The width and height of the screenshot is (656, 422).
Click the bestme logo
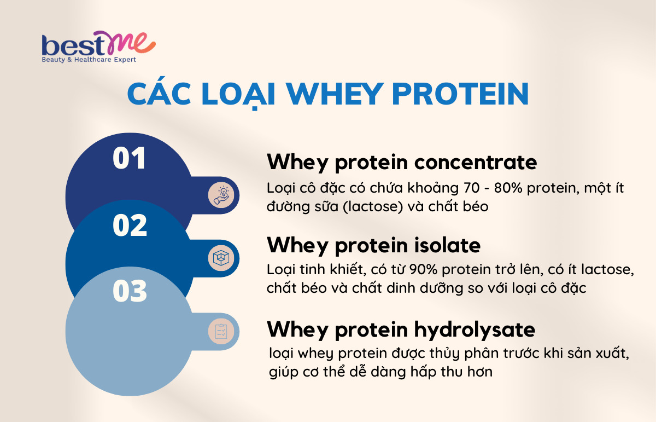[x=99, y=47]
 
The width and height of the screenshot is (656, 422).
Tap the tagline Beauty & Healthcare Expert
[x=89, y=60]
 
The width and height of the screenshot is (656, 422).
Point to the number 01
[x=129, y=158]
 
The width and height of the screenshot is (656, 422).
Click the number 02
[x=130, y=225]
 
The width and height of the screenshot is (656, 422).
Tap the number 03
[x=130, y=291]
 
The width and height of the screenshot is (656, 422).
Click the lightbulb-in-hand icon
[x=221, y=195]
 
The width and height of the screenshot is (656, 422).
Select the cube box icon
[x=221, y=258]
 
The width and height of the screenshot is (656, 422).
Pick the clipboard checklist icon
[x=221, y=331]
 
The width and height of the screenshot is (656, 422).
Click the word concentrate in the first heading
[x=476, y=163]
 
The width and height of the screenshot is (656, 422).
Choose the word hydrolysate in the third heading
[x=475, y=330]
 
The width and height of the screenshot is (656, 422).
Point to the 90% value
[x=423, y=269]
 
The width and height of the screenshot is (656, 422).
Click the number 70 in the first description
[x=472, y=188]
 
